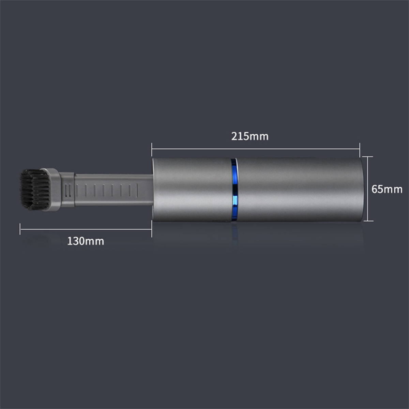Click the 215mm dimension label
tap(250, 136)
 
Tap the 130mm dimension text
tap(86, 241)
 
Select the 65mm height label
tap(387, 189)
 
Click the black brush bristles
tap(35, 189)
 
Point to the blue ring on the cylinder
tap(234, 190)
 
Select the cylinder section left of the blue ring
tap(192, 190)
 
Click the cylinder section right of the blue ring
tap(300, 190)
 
